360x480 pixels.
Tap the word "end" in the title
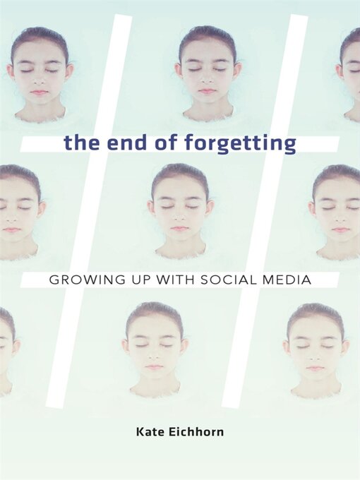coord(119,144)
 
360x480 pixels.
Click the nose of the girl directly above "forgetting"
coord(207,80)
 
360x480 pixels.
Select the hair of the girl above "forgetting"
coord(207,37)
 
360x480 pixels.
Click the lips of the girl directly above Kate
coord(154,367)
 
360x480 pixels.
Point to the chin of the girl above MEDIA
coord(340,243)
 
